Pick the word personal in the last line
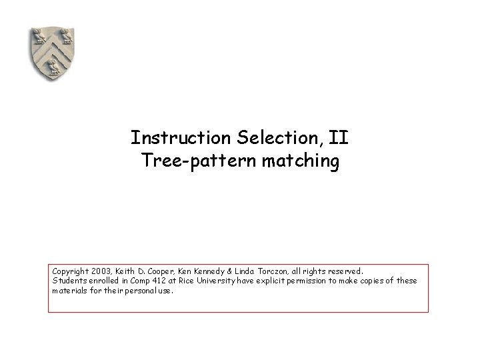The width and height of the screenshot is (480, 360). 143,291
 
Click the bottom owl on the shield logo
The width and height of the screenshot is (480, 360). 51,65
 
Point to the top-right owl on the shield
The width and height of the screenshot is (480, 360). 65,35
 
